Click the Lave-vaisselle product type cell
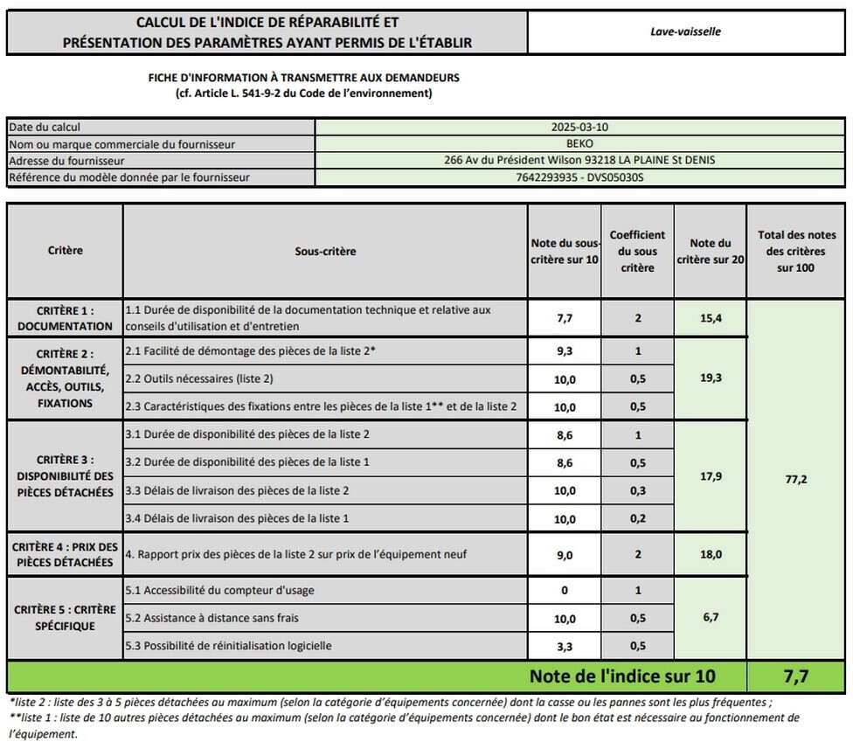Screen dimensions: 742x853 [x=686, y=32]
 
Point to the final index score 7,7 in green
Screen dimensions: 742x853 [x=796, y=676]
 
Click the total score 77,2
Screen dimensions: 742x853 [x=796, y=479]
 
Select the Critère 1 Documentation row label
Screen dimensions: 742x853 [x=66, y=318]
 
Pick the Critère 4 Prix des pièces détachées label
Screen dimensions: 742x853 [x=66, y=554]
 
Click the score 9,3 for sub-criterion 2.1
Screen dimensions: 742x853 [x=565, y=350]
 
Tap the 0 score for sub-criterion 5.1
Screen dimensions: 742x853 [x=565, y=590]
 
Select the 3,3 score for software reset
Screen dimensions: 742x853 [x=565, y=646]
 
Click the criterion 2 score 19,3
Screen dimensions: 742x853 [x=711, y=378]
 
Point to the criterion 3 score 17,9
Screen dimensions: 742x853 [x=711, y=476]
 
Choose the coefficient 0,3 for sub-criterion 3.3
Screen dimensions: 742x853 [x=637, y=490]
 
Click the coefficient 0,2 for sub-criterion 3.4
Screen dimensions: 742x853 [x=637, y=518]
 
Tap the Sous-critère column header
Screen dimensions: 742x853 [x=325, y=251]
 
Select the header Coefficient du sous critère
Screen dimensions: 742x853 [x=637, y=251]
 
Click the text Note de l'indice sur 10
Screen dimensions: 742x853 [x=621, y=676]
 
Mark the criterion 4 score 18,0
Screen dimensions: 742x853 [x=711, y=554]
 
